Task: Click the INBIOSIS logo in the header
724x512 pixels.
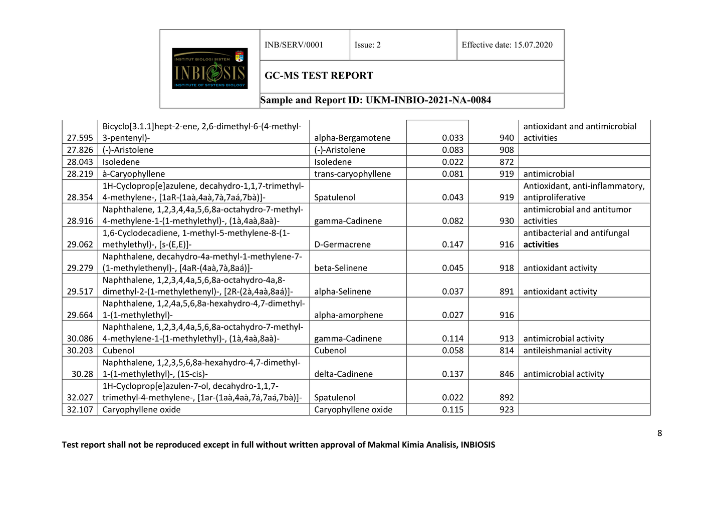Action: pyautogui.click(x=209, y=69)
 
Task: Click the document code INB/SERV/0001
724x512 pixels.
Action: pyautogui.click(x=294, y=45)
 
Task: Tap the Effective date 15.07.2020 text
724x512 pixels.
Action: pyautogui.click(x=507, y=45)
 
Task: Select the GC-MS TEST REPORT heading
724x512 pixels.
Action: pyautogui.click(x=319, y=76)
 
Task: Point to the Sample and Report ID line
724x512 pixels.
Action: pyautogui.click(x=375, y=100)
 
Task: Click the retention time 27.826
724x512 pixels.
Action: pyautogui.click(x=80, y=150)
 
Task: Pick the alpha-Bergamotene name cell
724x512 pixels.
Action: pyautogui.click(x=352, y=138)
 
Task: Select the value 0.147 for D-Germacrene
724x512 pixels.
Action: pyautogui.click(x=452, y=244)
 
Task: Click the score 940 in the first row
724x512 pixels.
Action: pyautogui.click(x=507, y=138)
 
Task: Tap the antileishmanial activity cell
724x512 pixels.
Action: pyautogui.click(x=567, y=351)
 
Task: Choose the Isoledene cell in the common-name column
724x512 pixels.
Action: pyautogui.click(x=333, y=162)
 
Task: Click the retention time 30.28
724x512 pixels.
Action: pyautogui.click(x=82, y=374)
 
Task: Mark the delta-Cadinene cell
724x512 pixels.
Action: pyautogui.click(x=343, y=374)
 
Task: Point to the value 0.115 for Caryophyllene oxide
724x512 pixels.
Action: pyautogui.click(x=452, y=410)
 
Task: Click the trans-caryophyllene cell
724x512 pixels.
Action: pyautogui.click(x=352, y=174)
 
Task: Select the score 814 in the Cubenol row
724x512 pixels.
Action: pyautogui.click(x=507, y=351)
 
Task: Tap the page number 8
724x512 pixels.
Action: pyautogui.click(x=659, y=433)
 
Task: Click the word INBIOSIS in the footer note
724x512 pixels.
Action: pyautogui.click(x=477, y=445)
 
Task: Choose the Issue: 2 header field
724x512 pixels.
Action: pyautogui.click(x=367, y=45)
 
